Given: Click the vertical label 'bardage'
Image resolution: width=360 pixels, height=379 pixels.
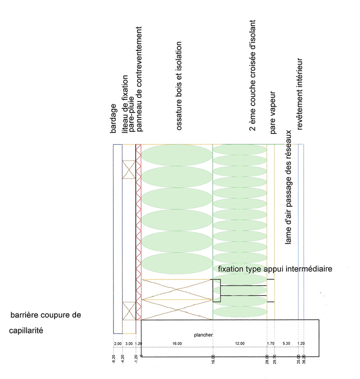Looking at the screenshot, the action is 113,118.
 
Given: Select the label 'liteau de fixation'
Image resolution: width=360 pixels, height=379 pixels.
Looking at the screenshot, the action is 125,104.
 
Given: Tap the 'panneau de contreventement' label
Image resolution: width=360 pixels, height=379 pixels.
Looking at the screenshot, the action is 139,79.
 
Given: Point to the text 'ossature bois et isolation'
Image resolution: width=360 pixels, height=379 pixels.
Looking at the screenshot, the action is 179,86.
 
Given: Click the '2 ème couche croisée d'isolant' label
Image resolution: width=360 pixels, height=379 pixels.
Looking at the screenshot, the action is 252,76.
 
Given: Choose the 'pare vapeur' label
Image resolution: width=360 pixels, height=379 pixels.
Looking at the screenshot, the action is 273,112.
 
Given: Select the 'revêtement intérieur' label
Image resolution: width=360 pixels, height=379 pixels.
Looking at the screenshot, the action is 300,94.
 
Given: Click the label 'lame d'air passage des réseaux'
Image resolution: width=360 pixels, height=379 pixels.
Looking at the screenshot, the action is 288,187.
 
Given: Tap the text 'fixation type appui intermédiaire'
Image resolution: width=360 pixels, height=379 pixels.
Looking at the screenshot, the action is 275,269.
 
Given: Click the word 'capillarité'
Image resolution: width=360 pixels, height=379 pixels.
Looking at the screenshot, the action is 26,330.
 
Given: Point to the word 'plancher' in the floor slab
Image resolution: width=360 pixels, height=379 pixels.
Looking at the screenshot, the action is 203,335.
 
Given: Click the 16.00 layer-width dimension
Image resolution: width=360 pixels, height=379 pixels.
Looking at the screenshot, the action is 177,343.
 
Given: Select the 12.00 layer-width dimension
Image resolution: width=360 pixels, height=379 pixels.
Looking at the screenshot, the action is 240,343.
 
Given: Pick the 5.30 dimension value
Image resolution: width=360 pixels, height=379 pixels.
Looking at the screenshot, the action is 286,343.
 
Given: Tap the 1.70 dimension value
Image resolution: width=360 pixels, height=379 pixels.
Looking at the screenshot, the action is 270,343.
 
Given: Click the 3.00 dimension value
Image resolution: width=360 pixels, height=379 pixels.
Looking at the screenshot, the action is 129,343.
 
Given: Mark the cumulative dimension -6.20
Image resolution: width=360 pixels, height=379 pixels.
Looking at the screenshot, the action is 114,359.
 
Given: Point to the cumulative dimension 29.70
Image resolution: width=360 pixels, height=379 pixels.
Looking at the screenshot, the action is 274,359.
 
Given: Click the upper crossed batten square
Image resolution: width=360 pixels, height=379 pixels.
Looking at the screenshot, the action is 129,169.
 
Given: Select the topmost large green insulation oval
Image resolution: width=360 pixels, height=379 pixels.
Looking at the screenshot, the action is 177,155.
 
